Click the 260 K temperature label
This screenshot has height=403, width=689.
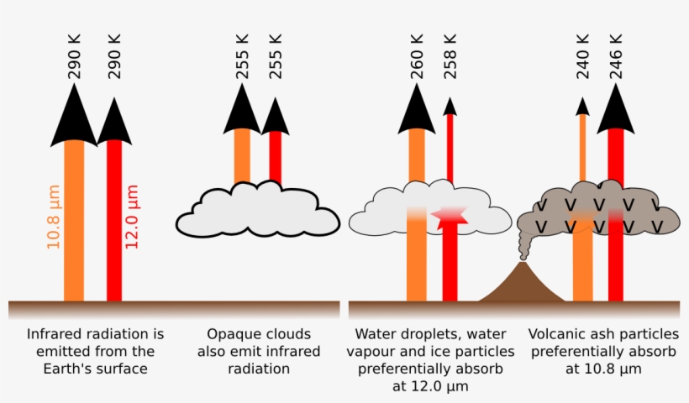pyautogui.click(x=416, y=56)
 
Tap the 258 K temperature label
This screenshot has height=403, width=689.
pyautogui.click(x=450, y=56)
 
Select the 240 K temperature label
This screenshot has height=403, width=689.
pyautogui.click(x=582, y=56)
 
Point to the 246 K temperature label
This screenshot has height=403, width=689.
pyautogui.click(x=616, y=56)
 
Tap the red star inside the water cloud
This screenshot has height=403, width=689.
pyautogui.click(x=450, y=217)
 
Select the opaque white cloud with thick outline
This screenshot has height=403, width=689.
pyautogui.click(x=257, y=212)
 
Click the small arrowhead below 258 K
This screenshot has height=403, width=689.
pyautogui.click(x=450, y=106)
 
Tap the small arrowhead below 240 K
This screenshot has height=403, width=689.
pyautogui.click(x=581, y=106)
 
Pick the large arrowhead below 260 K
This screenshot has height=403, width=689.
pyautogui.click(x=416, y=109)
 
